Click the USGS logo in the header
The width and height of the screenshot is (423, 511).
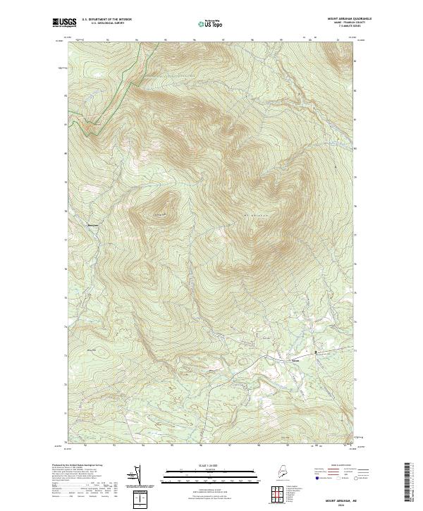coord(63,23)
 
